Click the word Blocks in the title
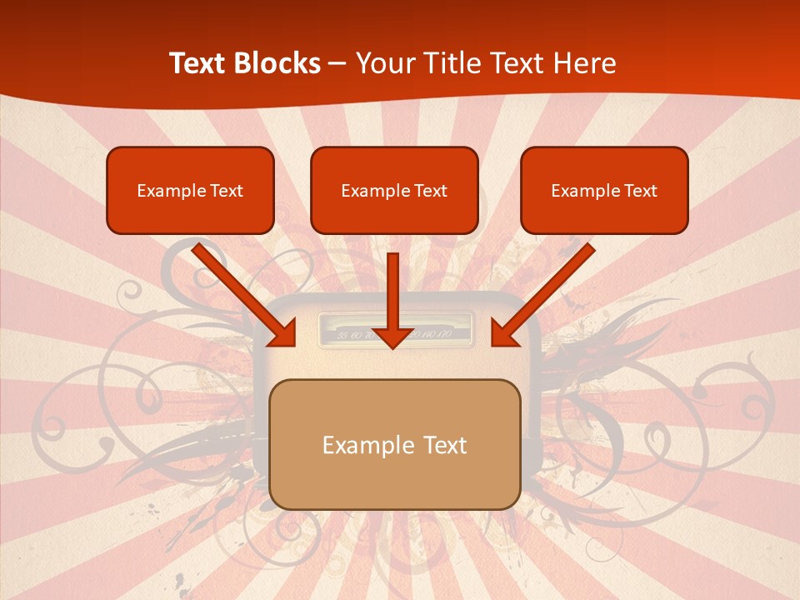pyautogui.click(x=274, y=63)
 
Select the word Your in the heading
pyautogui.click(x=384, y=63)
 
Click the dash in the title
pyautogui.click(x=337, y=64)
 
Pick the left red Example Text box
pyautogui.click(x=190, y=190)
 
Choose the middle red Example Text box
pyautogui.click(x=394, y=190)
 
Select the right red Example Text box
pyautogui.click(x=604, y=190)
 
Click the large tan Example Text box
pyautogui.click(x=394, y=444)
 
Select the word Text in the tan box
pyautogui.click(x=444, y=445)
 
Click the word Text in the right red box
pyautogui.click(x=640, y=191)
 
